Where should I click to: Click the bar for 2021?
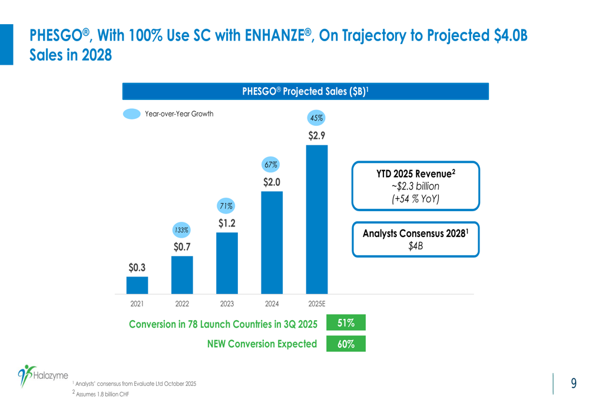[x=137, y=285]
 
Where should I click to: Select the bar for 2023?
[x=227, y=263]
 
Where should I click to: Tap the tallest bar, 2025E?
[x=317, y=219]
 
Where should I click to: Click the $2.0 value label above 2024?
[x=272, y=182]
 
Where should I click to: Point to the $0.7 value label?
[x=182, y=247]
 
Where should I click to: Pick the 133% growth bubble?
[x=181, y=230]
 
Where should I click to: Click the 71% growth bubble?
[x=226, y=206]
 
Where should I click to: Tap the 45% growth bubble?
[x=316, y=118]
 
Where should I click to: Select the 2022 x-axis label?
[x=182, y=304]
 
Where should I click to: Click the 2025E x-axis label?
[x=317, y=304]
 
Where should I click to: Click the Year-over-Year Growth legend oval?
[x=132, y=114]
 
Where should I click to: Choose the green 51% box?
[x=346, y=323]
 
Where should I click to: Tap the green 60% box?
[x=346, y=344]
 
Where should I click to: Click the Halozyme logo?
[x=43, y=375]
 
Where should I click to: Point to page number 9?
[x=574, y=383]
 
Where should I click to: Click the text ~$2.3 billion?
[x=415, y=186]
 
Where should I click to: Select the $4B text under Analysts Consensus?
[x=415, y=246]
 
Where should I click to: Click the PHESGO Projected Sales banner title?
[x=305, y=91]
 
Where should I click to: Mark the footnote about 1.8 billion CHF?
[x=101, y=394]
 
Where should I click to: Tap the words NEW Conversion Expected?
[x=262, y=344]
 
